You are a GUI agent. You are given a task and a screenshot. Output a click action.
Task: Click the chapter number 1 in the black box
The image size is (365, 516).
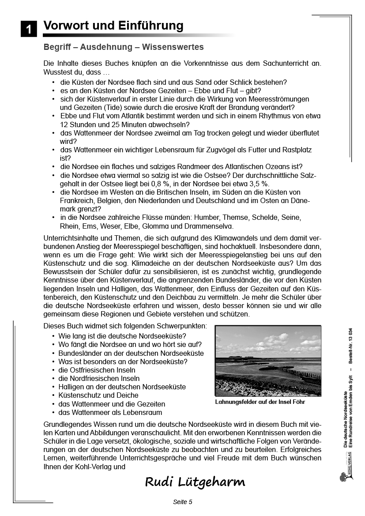[29, 30]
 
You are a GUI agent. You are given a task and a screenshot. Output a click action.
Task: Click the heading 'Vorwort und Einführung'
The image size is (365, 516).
[113, 26]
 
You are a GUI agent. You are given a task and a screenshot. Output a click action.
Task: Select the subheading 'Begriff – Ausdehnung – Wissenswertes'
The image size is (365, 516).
[123, 47]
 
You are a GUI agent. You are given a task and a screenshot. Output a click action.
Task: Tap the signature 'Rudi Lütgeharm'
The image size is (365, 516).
[195, 482]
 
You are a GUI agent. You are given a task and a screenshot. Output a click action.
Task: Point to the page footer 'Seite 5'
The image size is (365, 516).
[182, 502]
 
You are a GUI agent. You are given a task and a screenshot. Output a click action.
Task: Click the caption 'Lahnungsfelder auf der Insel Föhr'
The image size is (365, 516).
[260, 402]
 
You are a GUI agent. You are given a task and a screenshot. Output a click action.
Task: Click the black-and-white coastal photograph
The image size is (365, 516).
[268, 361]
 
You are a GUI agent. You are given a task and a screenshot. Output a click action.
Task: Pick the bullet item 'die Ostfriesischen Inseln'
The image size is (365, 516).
[97, 370]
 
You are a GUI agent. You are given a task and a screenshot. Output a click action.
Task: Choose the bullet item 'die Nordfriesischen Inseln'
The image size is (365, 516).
[99, 379]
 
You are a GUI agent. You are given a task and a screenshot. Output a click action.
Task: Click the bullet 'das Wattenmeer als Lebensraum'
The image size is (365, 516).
[110, 413]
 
